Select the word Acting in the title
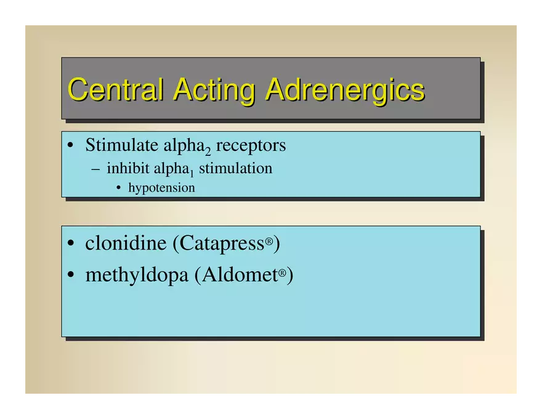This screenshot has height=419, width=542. click(x=214, y=91)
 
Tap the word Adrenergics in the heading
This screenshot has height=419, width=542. click(x=345, y=91)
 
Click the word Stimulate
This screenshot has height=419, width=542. click(x=122, y=145)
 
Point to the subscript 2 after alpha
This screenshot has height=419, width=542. click(x=208, y=151)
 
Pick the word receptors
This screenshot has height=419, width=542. click(x=251, y=145)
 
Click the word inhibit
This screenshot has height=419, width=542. click(x=128, y=168)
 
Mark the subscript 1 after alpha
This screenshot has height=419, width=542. click(x=192, y=173)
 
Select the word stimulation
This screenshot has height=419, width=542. click(x=236, y=168)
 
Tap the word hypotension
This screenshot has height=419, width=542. click(x=162, y=188)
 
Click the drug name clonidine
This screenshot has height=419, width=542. click(x=126, y=243)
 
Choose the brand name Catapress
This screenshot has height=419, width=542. click(x=222, y=243)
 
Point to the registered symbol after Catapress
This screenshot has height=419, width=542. click(x=269, y=240)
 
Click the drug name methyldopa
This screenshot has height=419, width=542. click(x=137, y=275)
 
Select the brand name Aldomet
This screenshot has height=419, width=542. click(x=240, y=275)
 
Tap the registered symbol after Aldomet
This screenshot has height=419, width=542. click(x=283, y=273)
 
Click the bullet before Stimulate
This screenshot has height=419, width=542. click(x=70, y=145)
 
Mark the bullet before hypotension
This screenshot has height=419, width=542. click(x=119, y=189)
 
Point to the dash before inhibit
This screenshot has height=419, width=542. click(x=95, y=169)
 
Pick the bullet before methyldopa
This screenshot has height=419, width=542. click(x=71, y=275)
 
